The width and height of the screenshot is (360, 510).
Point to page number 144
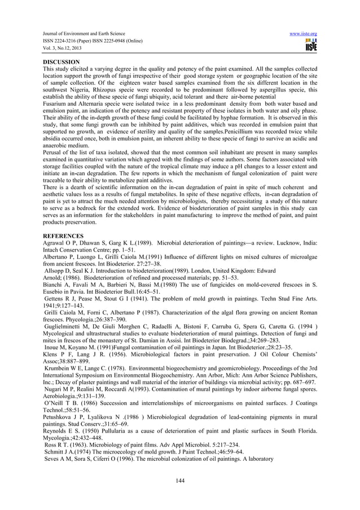pos(180,481)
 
